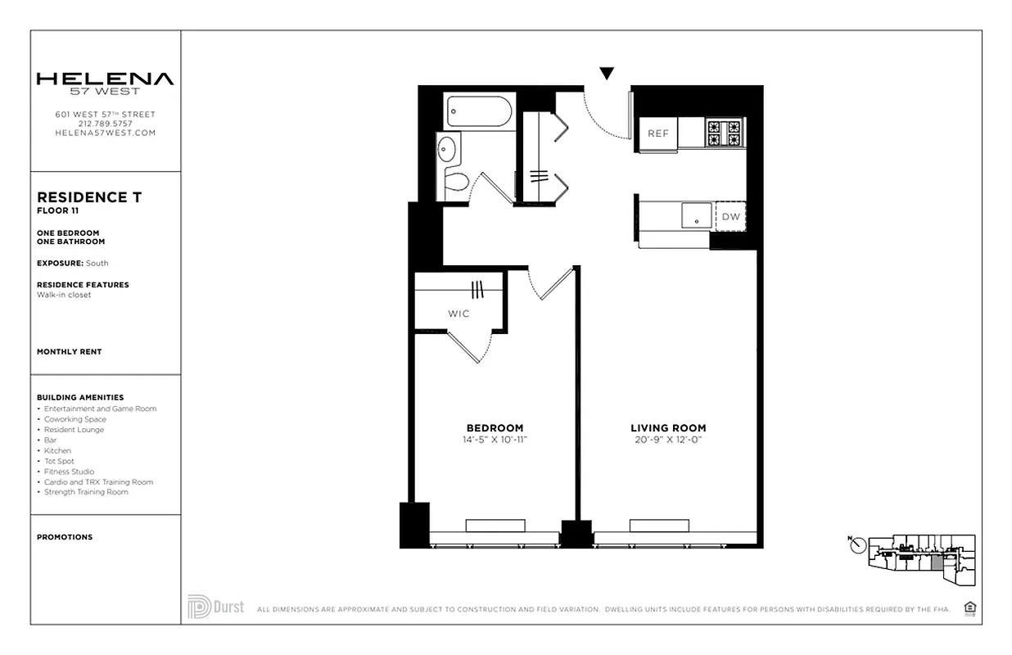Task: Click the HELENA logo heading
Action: click(x=105, y=79)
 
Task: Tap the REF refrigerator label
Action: click(x=658, y=133)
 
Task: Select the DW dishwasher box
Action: click(x=730, y=217)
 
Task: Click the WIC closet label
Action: click(x=459, y=314)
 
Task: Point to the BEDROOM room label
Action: click(x=495, y=428)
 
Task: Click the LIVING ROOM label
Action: click(x=668, y=428)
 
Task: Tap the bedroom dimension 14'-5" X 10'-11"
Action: click(x=495, y=440)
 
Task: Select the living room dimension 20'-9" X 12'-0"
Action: click(x=668, y=440)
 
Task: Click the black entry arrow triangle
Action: click(x=606, y=74)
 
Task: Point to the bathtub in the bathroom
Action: click(x=479, y=111)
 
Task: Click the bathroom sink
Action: click(x=447, y=149)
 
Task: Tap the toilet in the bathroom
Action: click(x=456, y=181)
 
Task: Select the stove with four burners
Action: click(x=724, y=133)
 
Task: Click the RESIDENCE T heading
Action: click(x=89, y=197)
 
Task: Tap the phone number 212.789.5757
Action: click(x=105, y=124)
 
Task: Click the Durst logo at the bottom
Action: click(x=216, y=607)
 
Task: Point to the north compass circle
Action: click(x=858, y=545)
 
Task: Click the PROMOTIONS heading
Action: click(x=65, y=537)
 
